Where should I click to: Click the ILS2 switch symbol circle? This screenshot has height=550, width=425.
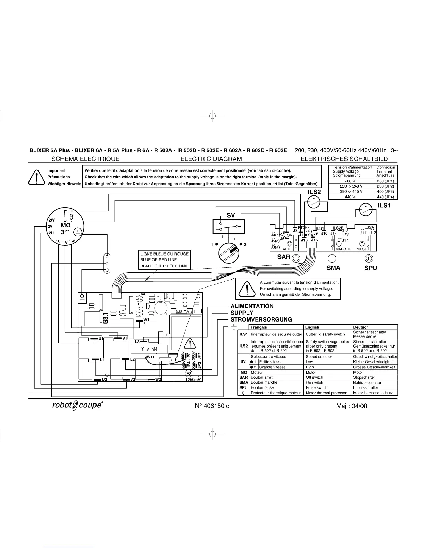314,201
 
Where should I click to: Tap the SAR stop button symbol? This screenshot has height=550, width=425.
296,258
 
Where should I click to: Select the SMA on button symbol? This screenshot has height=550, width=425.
333,258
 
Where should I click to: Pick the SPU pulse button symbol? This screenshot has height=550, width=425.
369,258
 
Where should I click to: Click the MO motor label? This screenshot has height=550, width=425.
66,225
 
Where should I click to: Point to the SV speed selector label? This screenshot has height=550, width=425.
231,215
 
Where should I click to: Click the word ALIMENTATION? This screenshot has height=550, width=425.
252,306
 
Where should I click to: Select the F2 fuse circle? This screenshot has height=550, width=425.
189,373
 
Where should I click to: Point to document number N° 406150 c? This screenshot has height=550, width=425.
212,406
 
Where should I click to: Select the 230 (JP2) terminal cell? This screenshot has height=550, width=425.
385,186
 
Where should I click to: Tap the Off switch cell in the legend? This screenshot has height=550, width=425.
315,377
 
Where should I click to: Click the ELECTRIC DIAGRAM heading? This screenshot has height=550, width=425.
211,159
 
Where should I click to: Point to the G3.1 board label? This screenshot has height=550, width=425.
106,317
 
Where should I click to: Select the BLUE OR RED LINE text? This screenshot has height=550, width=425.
159,260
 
